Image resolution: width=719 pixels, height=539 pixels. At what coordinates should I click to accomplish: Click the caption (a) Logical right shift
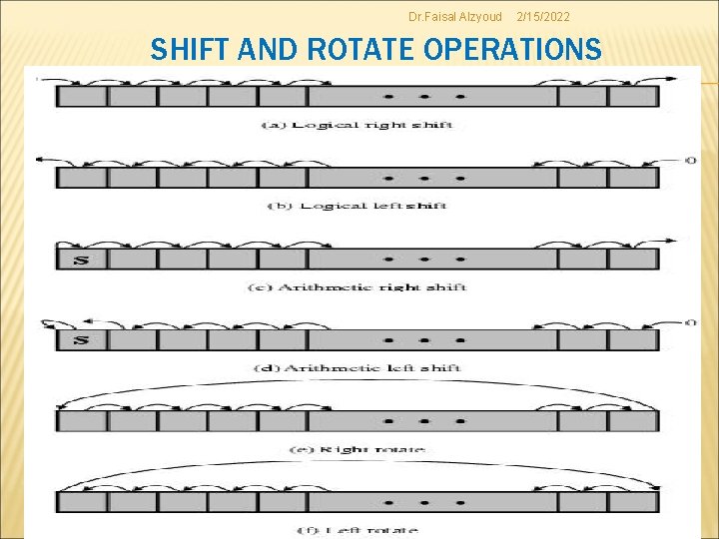tap(357, 124)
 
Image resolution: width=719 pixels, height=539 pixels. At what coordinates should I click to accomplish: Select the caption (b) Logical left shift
tap(357, 206)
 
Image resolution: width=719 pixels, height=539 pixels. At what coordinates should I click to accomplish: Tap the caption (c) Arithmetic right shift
tap(357, 287)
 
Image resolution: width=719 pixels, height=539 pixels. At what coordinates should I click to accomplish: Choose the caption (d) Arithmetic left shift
tap(357, 368)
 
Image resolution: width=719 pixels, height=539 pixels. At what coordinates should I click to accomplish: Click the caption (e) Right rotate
tap(357, 449)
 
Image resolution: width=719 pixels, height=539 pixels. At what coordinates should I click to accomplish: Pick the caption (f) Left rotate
tap(357, 530)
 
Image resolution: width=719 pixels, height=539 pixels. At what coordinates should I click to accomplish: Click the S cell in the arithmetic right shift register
tap(81, 260)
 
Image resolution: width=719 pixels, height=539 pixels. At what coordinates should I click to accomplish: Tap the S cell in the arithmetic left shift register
tap(81, 340)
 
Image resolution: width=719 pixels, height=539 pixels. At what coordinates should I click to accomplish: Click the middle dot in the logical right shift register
tap(424, 97)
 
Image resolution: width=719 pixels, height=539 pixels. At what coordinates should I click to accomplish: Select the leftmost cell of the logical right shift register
tap(81, 97)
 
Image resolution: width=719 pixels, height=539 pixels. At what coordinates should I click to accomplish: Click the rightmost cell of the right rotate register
tap(633, 421)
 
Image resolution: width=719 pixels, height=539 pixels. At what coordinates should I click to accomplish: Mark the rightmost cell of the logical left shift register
tap(633, 178)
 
